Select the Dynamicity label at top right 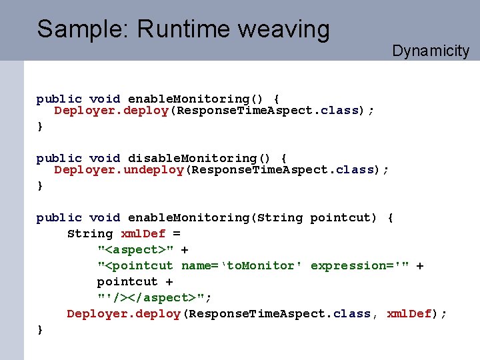431,51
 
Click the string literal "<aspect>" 135,250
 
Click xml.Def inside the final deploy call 409,314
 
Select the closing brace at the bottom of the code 40,329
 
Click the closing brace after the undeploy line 40,185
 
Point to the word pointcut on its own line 127,282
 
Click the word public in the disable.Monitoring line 59,159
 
